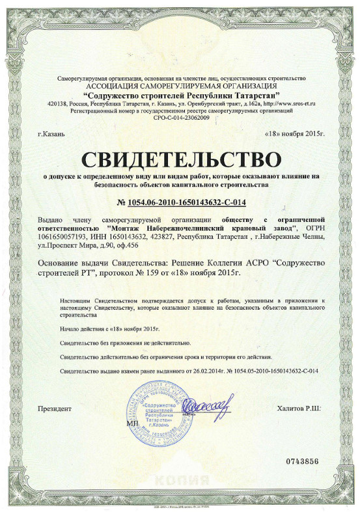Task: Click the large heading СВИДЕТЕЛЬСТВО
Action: [180, 158]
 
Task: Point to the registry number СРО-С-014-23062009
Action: [180, 118]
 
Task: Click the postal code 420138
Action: [59, 103]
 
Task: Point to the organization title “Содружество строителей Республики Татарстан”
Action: [180, 96]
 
